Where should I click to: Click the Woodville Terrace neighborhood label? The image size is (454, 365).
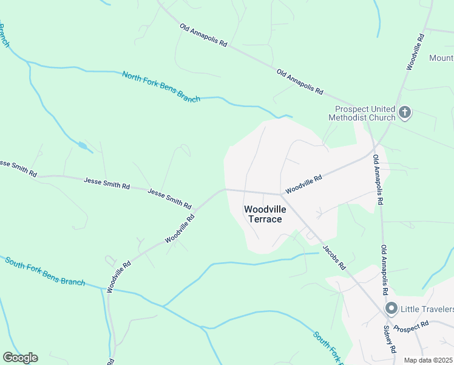(263, 214)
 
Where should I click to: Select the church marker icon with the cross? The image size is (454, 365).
(405, 113)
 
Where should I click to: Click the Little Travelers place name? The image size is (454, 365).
(427, 308)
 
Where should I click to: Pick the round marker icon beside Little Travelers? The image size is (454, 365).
(391, 308)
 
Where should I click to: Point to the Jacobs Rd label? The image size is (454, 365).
(334, 257)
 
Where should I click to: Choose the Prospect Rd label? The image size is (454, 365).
(407, 327)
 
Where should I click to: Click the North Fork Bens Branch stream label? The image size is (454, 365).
(161, 87)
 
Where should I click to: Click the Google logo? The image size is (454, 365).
(20, 357)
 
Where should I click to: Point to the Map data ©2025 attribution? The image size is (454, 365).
(429, 360)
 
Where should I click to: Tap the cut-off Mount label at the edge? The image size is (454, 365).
(441, 58)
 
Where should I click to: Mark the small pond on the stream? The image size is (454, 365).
(82, 145)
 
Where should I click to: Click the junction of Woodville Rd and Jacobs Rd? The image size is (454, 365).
(282, 194)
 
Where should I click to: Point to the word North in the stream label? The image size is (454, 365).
(132, 78)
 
